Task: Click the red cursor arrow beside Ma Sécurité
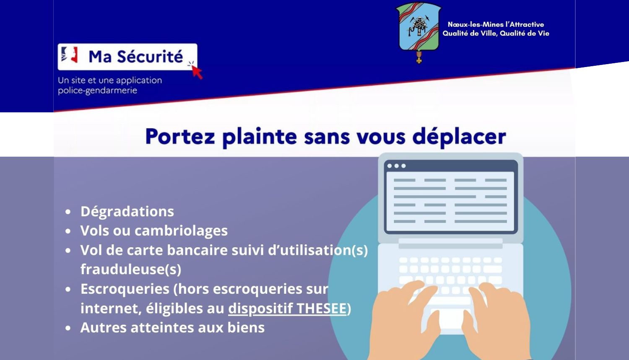coord(197,73)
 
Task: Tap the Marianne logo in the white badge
coord(69,55)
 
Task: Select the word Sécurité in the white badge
coord(150,57)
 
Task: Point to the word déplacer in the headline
coord(459,137)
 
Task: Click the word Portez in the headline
coord(180,137)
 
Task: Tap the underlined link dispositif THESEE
coord(287,308)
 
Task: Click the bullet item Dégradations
coord(127,211)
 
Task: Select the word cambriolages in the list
coord(181,231)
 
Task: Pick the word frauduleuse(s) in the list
coord(131,269)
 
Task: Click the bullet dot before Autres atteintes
coord(68,328)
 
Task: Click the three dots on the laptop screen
coord(397,166)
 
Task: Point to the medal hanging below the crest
coord(419,57)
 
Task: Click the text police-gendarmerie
coord(97,91)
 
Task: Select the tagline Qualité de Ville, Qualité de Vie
coord(496,34)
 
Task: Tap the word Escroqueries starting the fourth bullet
coord(125,289)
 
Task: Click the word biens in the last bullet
coord(246,327)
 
